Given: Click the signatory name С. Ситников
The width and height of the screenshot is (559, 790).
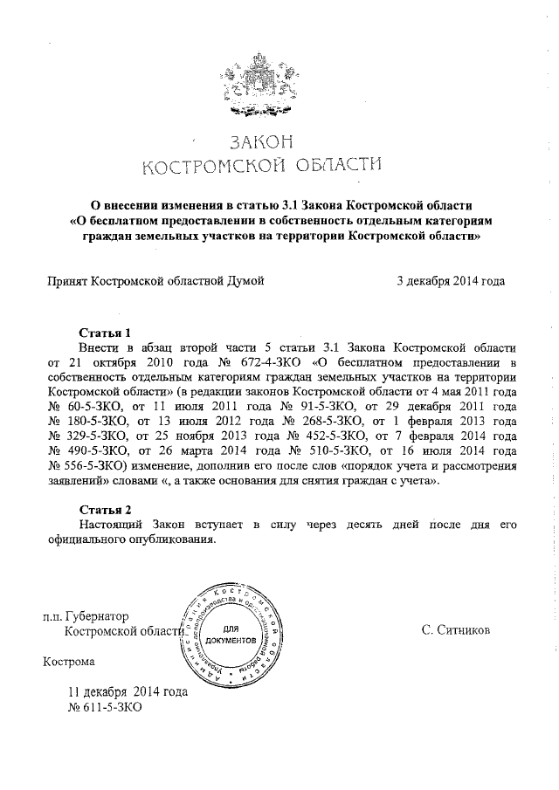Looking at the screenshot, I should click(455, 654).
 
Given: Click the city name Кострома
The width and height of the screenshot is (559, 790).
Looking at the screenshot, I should click(71, 685).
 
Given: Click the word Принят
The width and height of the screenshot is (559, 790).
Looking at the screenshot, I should click(66, 280).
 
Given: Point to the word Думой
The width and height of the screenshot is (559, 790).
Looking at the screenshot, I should click(245, 280).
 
